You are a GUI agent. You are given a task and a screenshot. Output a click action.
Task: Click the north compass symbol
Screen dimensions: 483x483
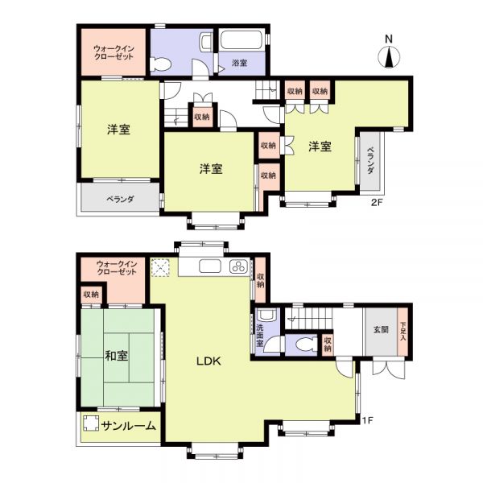point(389,57)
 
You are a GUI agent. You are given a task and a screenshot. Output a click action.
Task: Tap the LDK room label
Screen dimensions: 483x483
point(208,361)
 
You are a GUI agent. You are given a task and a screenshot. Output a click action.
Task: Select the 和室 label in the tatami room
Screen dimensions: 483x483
point(117,356)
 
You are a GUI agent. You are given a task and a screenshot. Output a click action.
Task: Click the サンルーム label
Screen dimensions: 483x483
point(129,426)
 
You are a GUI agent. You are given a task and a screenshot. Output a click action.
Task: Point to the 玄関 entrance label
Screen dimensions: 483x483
point(381,329)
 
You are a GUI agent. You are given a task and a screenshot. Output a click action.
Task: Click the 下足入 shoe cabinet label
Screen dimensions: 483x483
point(403,332)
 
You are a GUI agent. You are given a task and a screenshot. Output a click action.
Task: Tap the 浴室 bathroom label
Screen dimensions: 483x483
point(239,63)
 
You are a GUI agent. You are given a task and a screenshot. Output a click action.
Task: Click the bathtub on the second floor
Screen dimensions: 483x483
point(242,39)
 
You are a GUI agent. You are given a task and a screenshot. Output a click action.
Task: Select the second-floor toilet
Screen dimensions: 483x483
point(160,64)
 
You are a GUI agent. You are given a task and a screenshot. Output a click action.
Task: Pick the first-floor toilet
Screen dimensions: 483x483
point(306,344)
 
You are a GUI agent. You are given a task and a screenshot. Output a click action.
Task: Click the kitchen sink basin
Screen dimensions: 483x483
point(210,266)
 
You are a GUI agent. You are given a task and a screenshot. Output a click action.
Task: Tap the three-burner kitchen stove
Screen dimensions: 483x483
point(239,266)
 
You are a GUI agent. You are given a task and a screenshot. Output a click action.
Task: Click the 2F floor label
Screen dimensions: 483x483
point(377,202)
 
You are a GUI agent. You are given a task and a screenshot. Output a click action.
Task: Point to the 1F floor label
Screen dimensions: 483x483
point(368,420)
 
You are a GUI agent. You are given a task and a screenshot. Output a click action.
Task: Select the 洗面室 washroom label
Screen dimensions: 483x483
point(260,335)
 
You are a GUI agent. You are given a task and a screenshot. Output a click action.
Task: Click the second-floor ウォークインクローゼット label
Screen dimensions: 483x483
point(114,52)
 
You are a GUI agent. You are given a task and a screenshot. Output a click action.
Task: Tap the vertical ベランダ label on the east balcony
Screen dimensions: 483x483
point(370,160)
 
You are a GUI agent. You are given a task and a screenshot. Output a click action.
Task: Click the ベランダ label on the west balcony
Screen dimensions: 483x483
point(120,199)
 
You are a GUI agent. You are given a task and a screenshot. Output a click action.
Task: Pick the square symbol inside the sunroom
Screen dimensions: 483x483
point(90,423)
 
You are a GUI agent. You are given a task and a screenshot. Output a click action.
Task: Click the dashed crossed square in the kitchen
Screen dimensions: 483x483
point(160,267)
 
